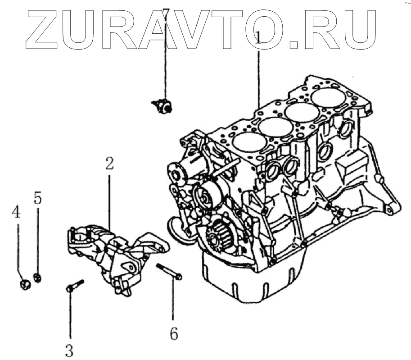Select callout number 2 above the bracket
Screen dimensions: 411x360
click(x=109, y=164)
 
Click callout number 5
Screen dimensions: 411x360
click(x=38, y=197)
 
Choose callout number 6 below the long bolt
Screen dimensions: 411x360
click(x=174, y=334)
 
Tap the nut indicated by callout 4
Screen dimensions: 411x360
click(x=26, y=284)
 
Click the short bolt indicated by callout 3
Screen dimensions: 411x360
click(x=75, y=286)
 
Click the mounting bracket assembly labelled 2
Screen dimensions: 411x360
click(x=115, y=255)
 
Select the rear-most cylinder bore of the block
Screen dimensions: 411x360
click(x=329, y=97)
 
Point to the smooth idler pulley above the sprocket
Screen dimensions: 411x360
click(x=205, y=195)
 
